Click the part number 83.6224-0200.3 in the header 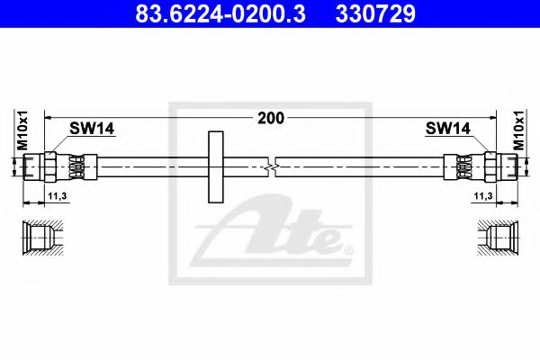(x=220, y=14)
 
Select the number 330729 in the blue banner (x=375, y=14)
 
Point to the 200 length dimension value (x=271, y=118)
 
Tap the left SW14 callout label (x=92, y=129)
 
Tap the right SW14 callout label (x=447, y=129)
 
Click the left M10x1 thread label (x=22, y=130)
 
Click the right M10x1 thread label (x=518, y=130)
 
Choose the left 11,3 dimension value (x=58, y=196)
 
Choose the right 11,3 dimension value (x=483, y=196)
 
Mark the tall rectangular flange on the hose (x=216, y=166)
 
